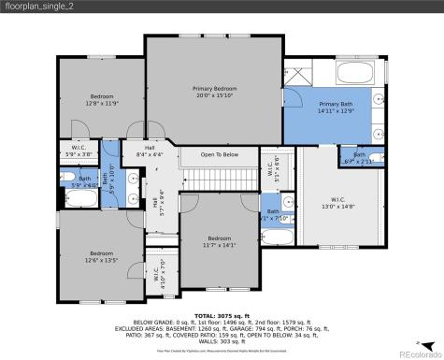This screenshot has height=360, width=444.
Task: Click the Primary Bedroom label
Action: (214, 91)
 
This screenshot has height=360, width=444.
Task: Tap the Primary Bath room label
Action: (336, 108)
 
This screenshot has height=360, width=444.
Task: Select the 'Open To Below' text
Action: (219, 154)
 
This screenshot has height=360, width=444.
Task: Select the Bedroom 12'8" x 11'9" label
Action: (102, 100)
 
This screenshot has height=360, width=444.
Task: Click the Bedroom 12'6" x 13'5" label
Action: (102, 257)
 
